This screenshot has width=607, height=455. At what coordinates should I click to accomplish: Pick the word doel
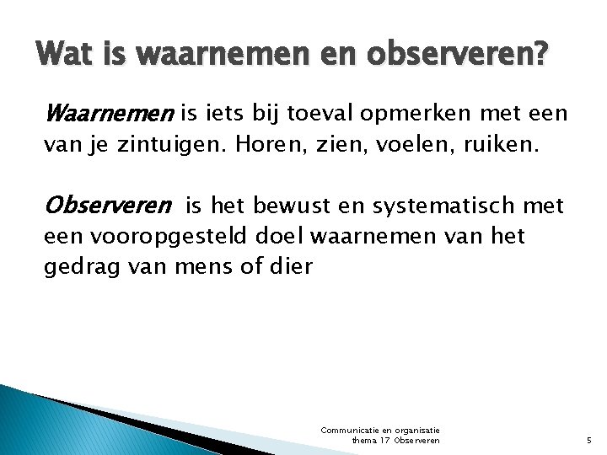click(277, 237)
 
